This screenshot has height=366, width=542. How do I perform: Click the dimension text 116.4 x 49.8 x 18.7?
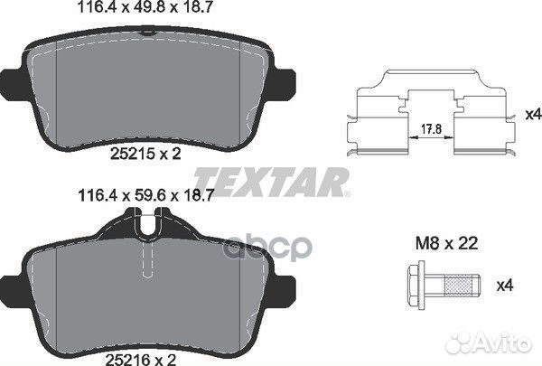coord(145,7)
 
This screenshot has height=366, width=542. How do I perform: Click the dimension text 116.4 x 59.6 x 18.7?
coord(146,196)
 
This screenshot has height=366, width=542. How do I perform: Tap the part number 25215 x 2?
coord(145,154)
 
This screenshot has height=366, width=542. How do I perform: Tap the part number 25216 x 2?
coord(141,360)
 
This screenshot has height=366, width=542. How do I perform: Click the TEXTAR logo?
coord(271,182)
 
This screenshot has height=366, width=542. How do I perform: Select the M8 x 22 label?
coord(446,243)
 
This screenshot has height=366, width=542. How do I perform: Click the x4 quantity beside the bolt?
coord(505,286)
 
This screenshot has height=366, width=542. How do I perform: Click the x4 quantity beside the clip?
coord(533,115)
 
